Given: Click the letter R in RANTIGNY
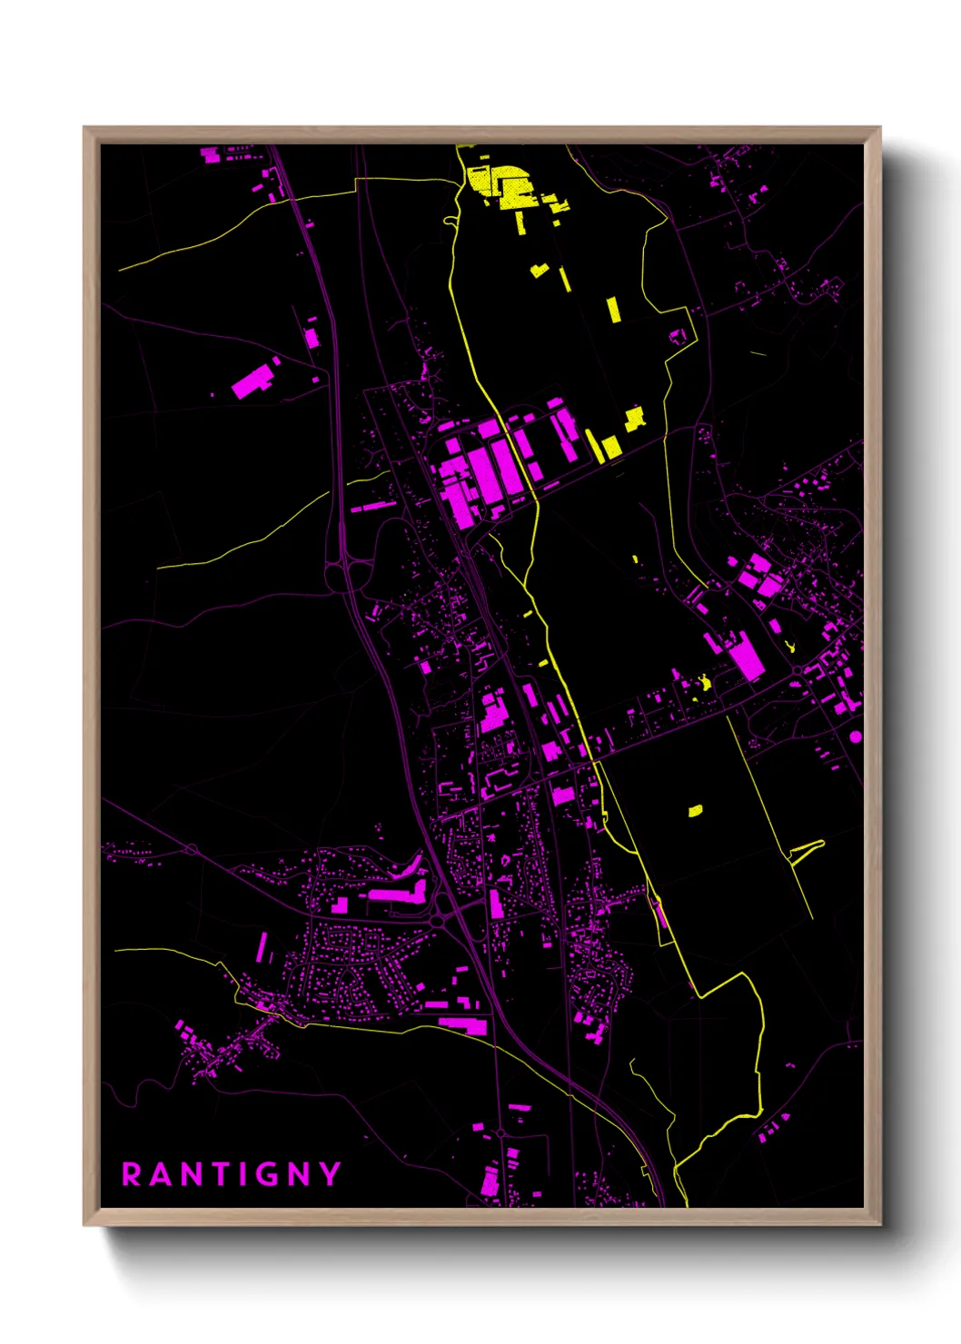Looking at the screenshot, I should click(133, 1174).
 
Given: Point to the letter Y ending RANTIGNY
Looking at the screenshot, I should click(332, 1174).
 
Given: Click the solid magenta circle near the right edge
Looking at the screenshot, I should click(856, 736).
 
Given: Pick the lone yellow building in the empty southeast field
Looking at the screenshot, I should click(696, 810).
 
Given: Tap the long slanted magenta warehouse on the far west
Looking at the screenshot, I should click(253, 381).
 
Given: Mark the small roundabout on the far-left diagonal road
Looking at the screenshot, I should click(192, 849).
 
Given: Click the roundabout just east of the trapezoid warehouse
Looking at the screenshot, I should click(798, 671).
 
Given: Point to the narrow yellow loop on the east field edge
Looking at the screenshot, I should click(807, 851).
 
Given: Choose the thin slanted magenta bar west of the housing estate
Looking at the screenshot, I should click(262, 947).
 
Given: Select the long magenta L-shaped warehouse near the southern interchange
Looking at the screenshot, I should click(400, 894).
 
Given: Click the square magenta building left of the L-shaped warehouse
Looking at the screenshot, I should click(341, 904).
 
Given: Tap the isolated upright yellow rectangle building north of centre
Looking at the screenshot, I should click(614, 309).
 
